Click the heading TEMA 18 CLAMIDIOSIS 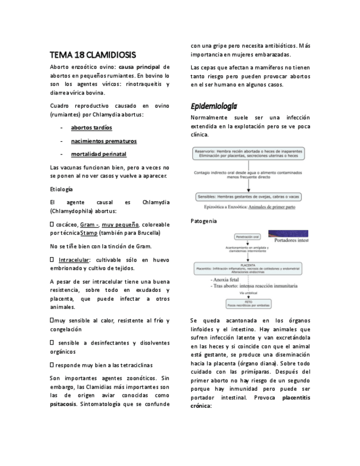coord(92,56)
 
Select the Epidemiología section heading coord(214,106)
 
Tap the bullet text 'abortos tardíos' coord(91,127)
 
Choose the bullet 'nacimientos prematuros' coord(103,141)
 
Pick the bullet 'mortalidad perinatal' coord(98,154)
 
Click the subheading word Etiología coord(61,189)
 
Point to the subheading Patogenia coord(203,221)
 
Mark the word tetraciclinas coord(130,365)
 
